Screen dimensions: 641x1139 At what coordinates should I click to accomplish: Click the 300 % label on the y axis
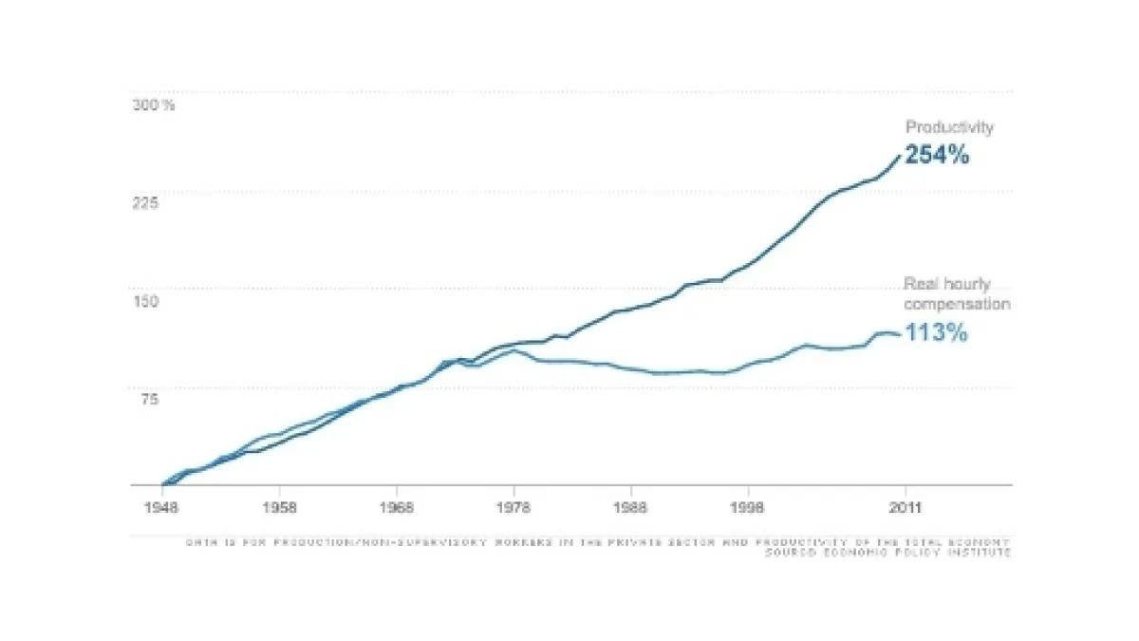tap(153, 104)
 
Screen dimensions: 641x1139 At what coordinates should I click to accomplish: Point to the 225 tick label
tap(145, 202)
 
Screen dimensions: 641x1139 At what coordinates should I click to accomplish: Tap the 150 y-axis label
tap(145, 301)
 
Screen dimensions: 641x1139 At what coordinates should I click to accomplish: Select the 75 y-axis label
tap(145, 399)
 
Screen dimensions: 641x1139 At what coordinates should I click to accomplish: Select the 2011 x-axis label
tap(902, 507)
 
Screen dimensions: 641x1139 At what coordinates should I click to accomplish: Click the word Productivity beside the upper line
tap(949, 127)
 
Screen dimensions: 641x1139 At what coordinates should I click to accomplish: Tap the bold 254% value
tap(937, 156)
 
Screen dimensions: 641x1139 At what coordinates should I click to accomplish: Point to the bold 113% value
tap(936, 333)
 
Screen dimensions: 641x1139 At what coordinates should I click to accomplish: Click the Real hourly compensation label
tap(957, 293)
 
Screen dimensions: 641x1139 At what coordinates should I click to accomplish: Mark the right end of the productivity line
tap(901, 156)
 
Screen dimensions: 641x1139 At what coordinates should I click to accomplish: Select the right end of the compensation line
tap(900, 334)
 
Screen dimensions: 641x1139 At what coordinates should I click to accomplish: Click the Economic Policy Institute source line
tap(887, 553)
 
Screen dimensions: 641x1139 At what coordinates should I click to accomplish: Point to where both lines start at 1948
tap(163, 484)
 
